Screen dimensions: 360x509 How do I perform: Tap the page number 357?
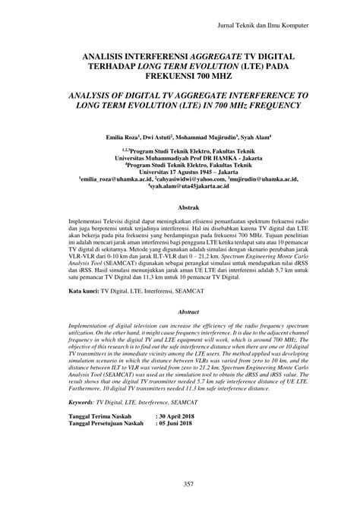(x=180, y=484)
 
